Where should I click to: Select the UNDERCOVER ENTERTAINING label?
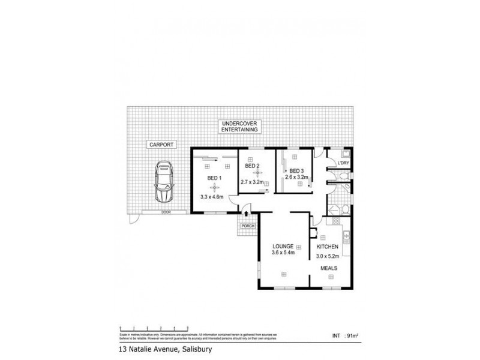[x=239, y=126]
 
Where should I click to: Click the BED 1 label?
[x=214, y=178]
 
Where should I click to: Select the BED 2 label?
[x=252, y=166]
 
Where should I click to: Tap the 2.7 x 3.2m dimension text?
[x=253, y=182]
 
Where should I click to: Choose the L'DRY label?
[x=343, y=164]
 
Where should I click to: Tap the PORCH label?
[x=247, y=226]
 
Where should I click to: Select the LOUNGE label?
[x=282, y=247]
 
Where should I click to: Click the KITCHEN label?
[x=328, y=247]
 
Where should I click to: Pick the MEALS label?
[x=328, y=268]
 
